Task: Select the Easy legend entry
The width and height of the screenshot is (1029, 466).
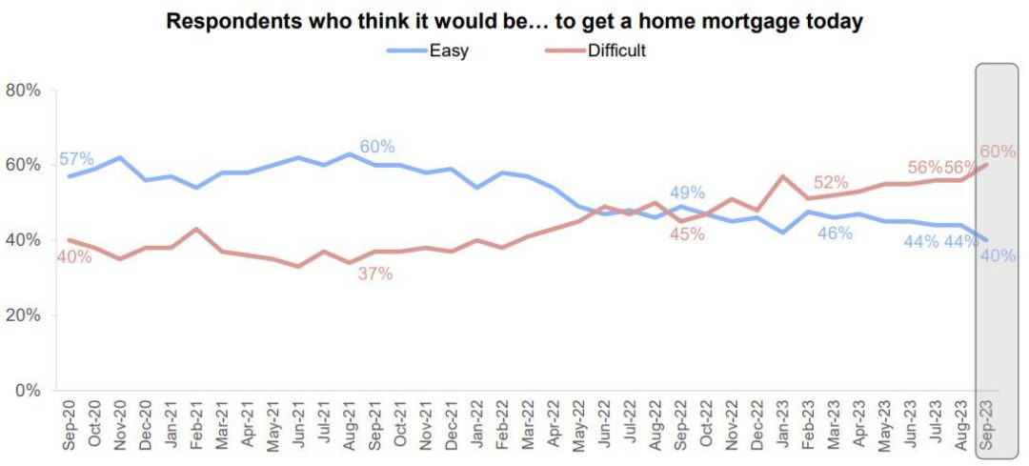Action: point(448,51)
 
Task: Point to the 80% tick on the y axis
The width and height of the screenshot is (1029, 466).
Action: point(23,91)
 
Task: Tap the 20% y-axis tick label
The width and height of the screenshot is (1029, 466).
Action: point(23,315)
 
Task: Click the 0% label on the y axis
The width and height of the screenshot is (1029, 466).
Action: point(28,391)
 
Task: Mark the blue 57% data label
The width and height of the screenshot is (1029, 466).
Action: point(76,159)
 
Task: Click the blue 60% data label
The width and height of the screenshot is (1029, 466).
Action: point(376,147)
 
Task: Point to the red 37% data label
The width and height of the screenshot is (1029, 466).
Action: point(375,274)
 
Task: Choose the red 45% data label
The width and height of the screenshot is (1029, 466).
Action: point(686,234)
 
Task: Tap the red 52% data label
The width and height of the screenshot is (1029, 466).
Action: point(832,182)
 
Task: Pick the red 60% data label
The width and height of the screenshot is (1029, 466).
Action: point(998,152)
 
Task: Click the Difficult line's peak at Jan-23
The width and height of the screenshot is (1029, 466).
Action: point(783,176)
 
